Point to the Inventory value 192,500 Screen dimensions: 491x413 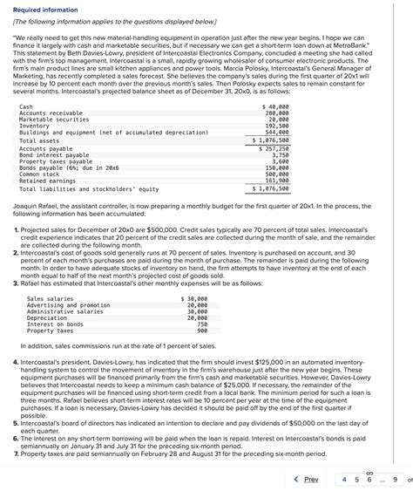pyautogui.click(x=278, y=126)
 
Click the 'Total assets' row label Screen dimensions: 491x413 pyautogui.click(x=39, y=140)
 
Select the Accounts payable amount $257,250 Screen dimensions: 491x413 pyautogui.click(x=274, y=149)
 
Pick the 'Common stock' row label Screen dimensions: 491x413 pyautogui.click(x=40, y=174)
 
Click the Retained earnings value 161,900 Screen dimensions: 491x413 pyautogui.click(x=278, y=181)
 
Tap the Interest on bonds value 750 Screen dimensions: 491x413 pyautogui.click(x=202, y=324)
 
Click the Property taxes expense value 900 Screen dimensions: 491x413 pyautogui.click(x=202, y=331)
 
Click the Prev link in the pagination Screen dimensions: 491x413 pyautogui.click(x=307, y=479)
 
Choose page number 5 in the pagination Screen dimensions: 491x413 pyautogui.click(x=357, y=479)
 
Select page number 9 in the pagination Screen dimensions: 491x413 pyautogui.click(x=395, y=479)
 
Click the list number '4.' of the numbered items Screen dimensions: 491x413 pyautogui.click(x=18, y=360)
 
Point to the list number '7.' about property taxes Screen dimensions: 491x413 pyautogui.click(x=18, y=453)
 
